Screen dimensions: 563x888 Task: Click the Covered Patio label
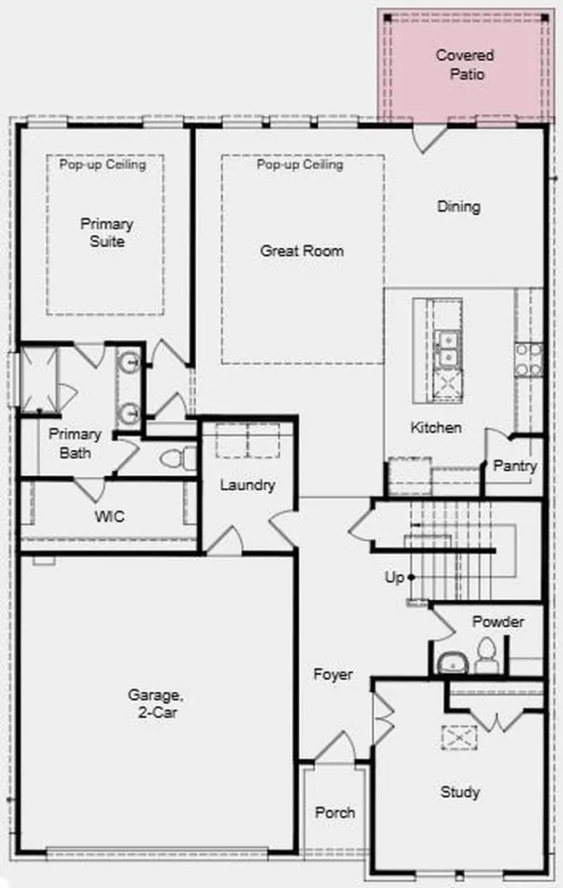point(465,64)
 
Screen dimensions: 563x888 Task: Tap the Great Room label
point(302,251)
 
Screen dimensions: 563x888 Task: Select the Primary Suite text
point(107,232)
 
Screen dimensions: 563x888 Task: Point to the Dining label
point(459,206)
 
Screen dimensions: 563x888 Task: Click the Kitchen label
point(435,427)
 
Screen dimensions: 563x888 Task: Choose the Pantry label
point(515,466)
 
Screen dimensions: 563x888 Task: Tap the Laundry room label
point(247,485)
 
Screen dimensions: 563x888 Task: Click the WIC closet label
point(109,517)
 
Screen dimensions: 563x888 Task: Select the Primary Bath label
point(75,443)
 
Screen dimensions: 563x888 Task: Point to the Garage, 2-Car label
point(155,702)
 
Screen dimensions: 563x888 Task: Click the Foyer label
point(333,674)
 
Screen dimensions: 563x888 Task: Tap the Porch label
point(336,812)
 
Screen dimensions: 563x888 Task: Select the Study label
point(460,792)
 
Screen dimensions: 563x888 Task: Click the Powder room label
point(498,621)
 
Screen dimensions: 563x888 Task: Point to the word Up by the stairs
point(394,578)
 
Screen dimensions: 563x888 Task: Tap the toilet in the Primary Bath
point(177,458)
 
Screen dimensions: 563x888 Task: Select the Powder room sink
point(452,663)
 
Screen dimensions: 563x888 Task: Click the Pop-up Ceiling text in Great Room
point(300,164)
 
